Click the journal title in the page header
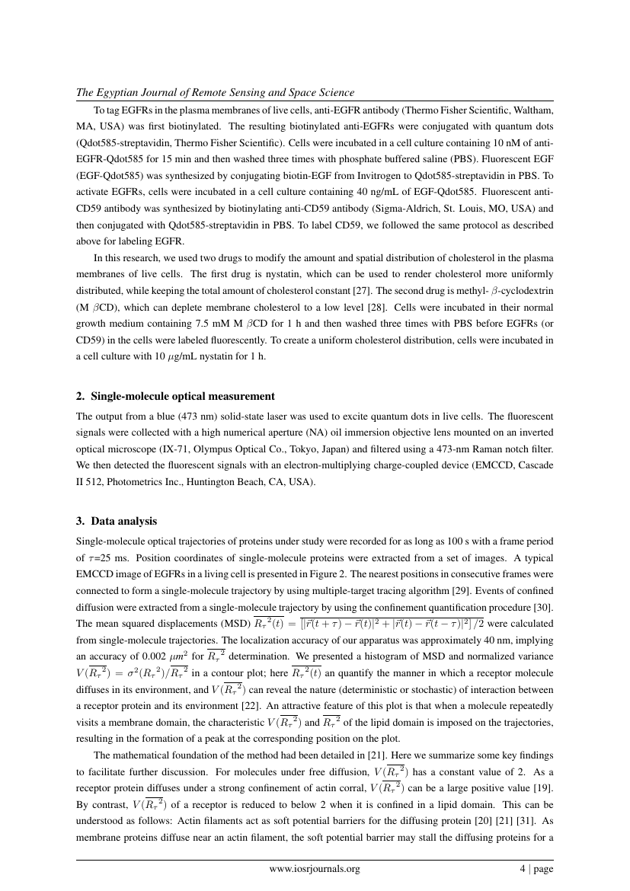pyautogui.click(x=215, y=93)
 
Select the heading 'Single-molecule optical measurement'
pyautogui.click(x=183, y=396)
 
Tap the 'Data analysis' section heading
pyautogui.click(x=123, y=522)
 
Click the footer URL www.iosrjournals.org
pyautogui.click(x=315, y=868)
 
